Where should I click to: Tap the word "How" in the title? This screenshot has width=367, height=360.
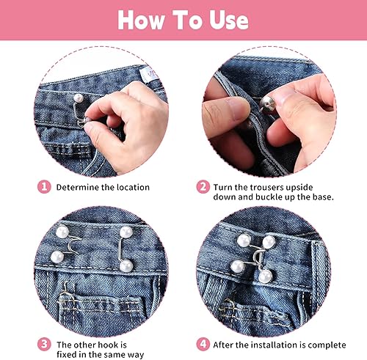click(141, 21)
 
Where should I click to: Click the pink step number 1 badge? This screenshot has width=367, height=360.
click(44, 187)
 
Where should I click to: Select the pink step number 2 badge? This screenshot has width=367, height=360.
click(203, 187)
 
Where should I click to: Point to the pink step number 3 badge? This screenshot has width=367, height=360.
click(44, 345)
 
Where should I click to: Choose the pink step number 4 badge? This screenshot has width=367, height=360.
click(203, 345)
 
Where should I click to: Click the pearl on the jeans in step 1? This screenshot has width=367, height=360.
click(79, 98)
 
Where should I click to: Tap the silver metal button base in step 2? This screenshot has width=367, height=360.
click(268, 104)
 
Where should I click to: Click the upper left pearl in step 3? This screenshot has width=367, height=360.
click(62, 232)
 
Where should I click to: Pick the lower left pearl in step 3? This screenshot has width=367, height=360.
click(57, 257)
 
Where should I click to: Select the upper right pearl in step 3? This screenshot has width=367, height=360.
click(126, 232)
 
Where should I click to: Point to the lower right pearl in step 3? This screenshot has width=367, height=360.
click(126, 266)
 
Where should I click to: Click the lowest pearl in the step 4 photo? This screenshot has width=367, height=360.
click(266, 276)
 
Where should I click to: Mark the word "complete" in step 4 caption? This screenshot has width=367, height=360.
click(327, 345)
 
